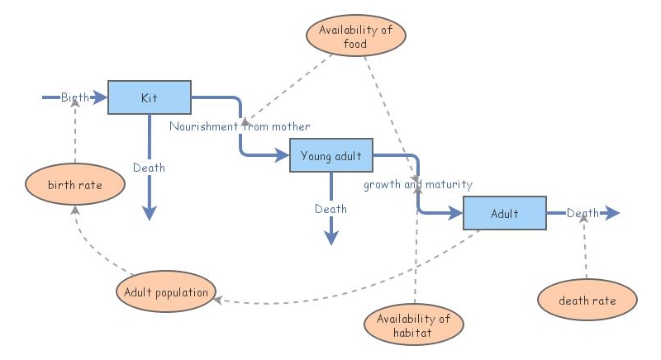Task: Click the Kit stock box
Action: (x=150, y=98)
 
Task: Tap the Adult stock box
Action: (x=504, y=214)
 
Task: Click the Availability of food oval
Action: (x=358, y=37)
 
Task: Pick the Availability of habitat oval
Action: (x=413, y=325)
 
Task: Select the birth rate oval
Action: (x=74, y=185)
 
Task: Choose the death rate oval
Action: (x=587, y=301)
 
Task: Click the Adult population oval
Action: (x=166, y=291)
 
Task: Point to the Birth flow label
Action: (x=74, y=98)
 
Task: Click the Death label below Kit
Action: (x=149, y=168)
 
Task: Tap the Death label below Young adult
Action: (x=330, y=209)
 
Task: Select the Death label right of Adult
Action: (x=583, y=214)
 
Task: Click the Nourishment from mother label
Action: (x=240, y=126)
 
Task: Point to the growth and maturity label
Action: (x=418, y=184)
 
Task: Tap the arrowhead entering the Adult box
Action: (x=454, y=214)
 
